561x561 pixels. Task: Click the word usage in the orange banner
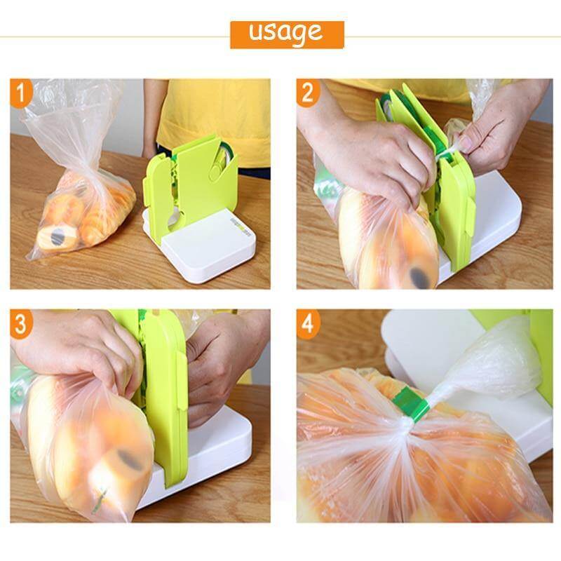[x=286, y=32]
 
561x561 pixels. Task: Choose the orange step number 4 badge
[x=308, y=324]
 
